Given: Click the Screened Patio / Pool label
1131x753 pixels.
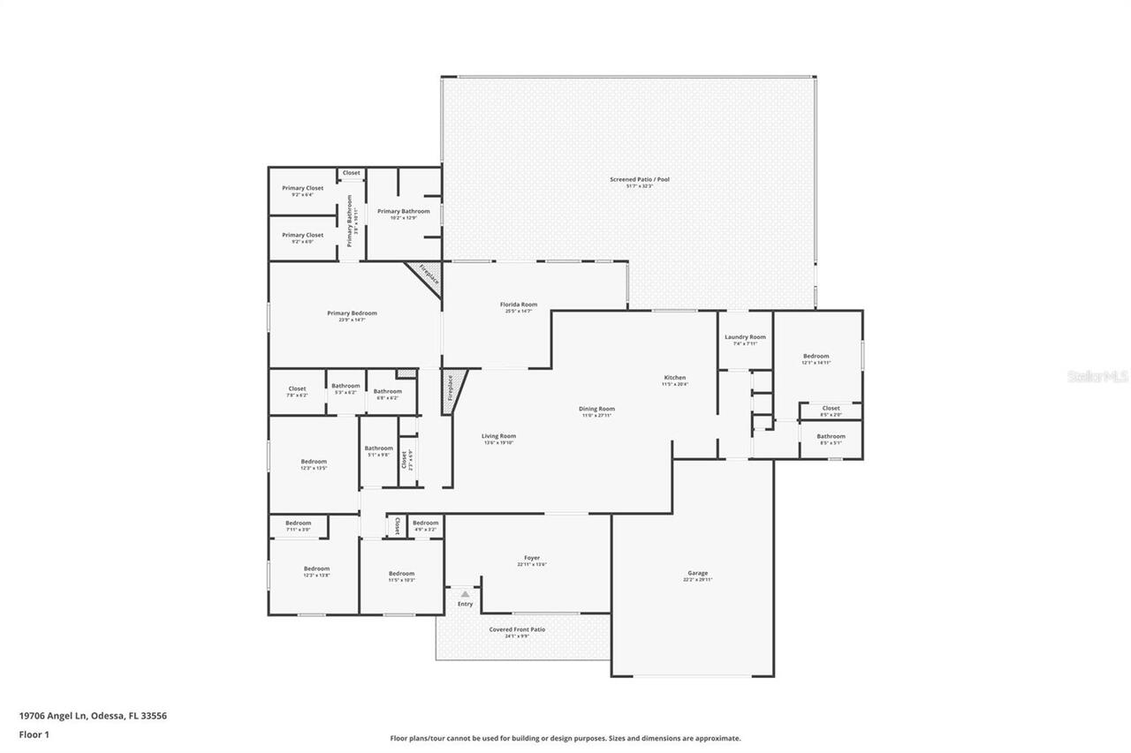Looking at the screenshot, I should point(640,179).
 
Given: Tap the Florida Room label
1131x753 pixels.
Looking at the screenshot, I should point(520,305).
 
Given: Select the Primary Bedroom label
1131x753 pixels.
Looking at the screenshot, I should point(352,313).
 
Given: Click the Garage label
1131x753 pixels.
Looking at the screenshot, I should point(696,574).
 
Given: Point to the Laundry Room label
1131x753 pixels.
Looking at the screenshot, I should point(745,337).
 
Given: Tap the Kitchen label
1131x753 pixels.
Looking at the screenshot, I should point(674,378).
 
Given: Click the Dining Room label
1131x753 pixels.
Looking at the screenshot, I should point(596,409).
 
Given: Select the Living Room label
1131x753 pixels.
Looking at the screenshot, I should point(498,436).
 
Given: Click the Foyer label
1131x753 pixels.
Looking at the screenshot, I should point(532,558).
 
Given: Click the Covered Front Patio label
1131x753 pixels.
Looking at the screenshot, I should point(517,630).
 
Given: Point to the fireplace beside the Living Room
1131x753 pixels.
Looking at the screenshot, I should point(451,388).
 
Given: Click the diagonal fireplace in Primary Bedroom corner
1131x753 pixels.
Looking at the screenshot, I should point(427,275).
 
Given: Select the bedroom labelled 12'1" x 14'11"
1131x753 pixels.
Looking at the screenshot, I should point(816,357).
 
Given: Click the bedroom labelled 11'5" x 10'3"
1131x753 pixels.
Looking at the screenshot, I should point(401,574).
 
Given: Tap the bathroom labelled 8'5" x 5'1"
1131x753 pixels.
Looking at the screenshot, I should point(831,436).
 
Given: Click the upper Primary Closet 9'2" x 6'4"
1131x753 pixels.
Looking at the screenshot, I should point(302,188).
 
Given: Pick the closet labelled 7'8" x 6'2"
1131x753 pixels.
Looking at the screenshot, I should point(297,389).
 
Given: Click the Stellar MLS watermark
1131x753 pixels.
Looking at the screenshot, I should point(1098,376).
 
